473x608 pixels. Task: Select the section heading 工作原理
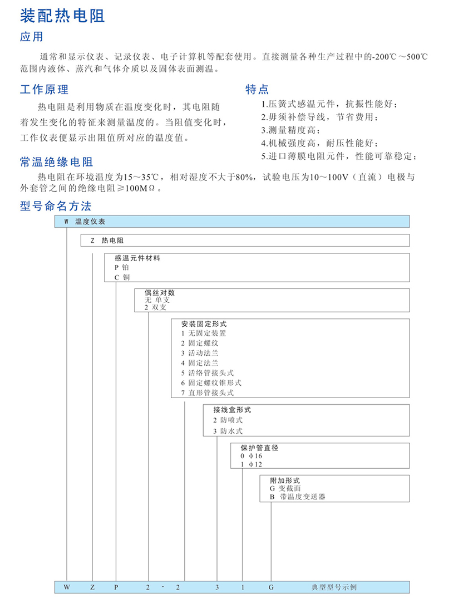pos(44,89)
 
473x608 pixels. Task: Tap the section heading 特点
pos(257,89)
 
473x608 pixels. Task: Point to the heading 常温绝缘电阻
pos(56,162)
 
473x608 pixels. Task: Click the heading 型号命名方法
pos(56,206)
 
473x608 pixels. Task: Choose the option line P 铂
pos(121,267)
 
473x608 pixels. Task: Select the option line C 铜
pos(121,277)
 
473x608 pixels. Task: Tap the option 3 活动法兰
pos(199,353)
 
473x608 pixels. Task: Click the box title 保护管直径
pos(258,447)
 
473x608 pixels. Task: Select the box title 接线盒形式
pos(232,410)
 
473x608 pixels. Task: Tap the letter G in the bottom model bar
pos(271,587)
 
